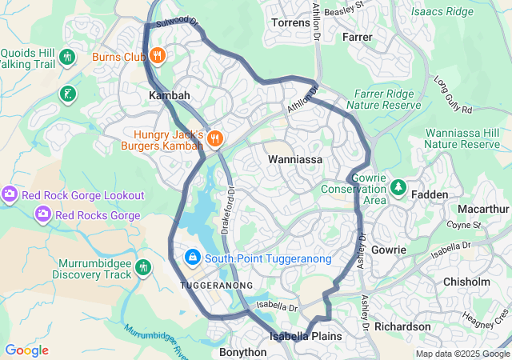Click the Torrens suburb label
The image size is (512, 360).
coord(290,22)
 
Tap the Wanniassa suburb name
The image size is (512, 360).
coord(294,160)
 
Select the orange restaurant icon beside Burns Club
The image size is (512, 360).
coord(158,57)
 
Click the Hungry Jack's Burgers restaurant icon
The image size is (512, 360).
coord(214,140)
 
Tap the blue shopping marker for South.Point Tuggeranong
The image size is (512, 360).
coord(192,258)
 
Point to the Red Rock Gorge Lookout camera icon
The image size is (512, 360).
coord(10,195)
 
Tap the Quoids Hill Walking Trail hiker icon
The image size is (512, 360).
coord(66,58)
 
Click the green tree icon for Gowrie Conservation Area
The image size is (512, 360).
coord(398,188)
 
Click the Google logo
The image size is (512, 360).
coord(26,350)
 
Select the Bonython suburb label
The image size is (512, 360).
coord(242,352)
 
